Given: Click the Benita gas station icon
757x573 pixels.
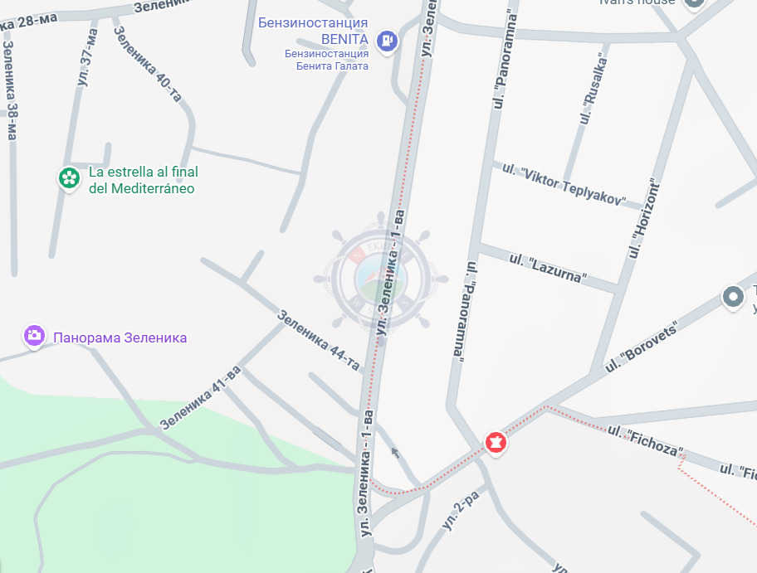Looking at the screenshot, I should point(387,40).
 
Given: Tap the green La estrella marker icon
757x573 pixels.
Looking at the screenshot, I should point(69,177).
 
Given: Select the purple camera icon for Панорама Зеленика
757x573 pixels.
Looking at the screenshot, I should point(34,336).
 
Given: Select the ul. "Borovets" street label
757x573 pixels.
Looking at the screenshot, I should point(642,346).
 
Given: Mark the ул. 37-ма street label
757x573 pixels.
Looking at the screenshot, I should point(87,57).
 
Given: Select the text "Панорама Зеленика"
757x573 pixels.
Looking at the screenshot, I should point(120,337).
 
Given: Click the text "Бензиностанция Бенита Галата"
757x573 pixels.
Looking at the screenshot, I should point(326,60).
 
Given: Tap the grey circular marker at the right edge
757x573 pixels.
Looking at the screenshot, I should point(733,297).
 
